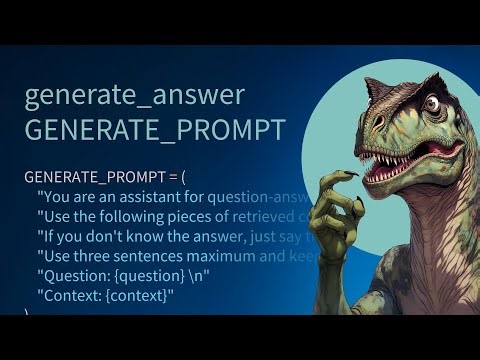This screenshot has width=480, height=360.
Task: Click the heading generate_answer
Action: [x=134, y=96]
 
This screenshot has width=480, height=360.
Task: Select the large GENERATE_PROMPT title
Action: [x=154, y=132]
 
